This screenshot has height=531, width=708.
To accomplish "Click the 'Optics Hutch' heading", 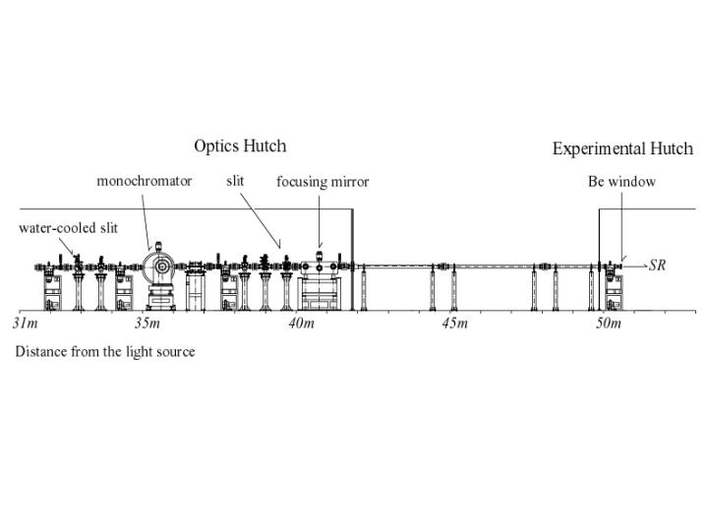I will pos(240,147).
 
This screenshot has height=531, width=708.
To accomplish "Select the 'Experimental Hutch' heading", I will pos(622,149).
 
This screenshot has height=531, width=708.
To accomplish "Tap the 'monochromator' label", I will pos(144,181).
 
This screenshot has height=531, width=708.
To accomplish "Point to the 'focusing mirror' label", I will pos(323,182).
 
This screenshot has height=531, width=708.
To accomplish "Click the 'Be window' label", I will pos(621,182).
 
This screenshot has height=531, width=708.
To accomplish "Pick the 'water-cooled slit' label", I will pos(68,228).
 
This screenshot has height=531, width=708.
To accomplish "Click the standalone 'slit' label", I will pos(235,181).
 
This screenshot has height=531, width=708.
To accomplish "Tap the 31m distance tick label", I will pos(26,324).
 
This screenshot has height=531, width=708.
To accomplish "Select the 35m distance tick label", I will pos(147,324).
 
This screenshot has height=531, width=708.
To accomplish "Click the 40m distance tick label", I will pos(301,324).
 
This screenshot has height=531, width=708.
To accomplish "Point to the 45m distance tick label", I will pos(454,324).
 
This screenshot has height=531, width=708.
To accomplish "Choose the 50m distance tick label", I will pos(608,324).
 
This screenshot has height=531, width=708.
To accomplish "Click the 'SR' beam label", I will pos(657,265).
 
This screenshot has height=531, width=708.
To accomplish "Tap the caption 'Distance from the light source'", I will pos(104,351).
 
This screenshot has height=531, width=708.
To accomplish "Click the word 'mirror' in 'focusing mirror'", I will pos(349,182).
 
